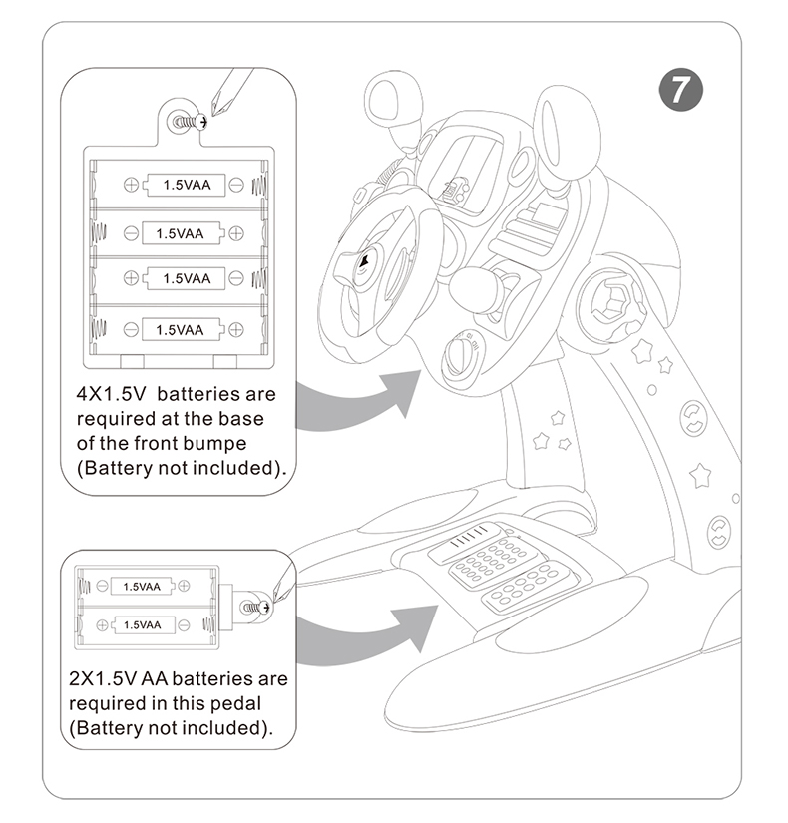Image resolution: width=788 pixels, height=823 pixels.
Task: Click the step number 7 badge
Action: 681,90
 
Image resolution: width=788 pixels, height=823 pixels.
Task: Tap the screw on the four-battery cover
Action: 185,122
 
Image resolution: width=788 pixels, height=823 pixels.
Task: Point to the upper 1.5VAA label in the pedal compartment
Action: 142,587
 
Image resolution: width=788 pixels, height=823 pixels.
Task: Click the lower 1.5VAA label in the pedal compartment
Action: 142,624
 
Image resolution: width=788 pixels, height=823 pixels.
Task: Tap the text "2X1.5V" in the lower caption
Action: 103,679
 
